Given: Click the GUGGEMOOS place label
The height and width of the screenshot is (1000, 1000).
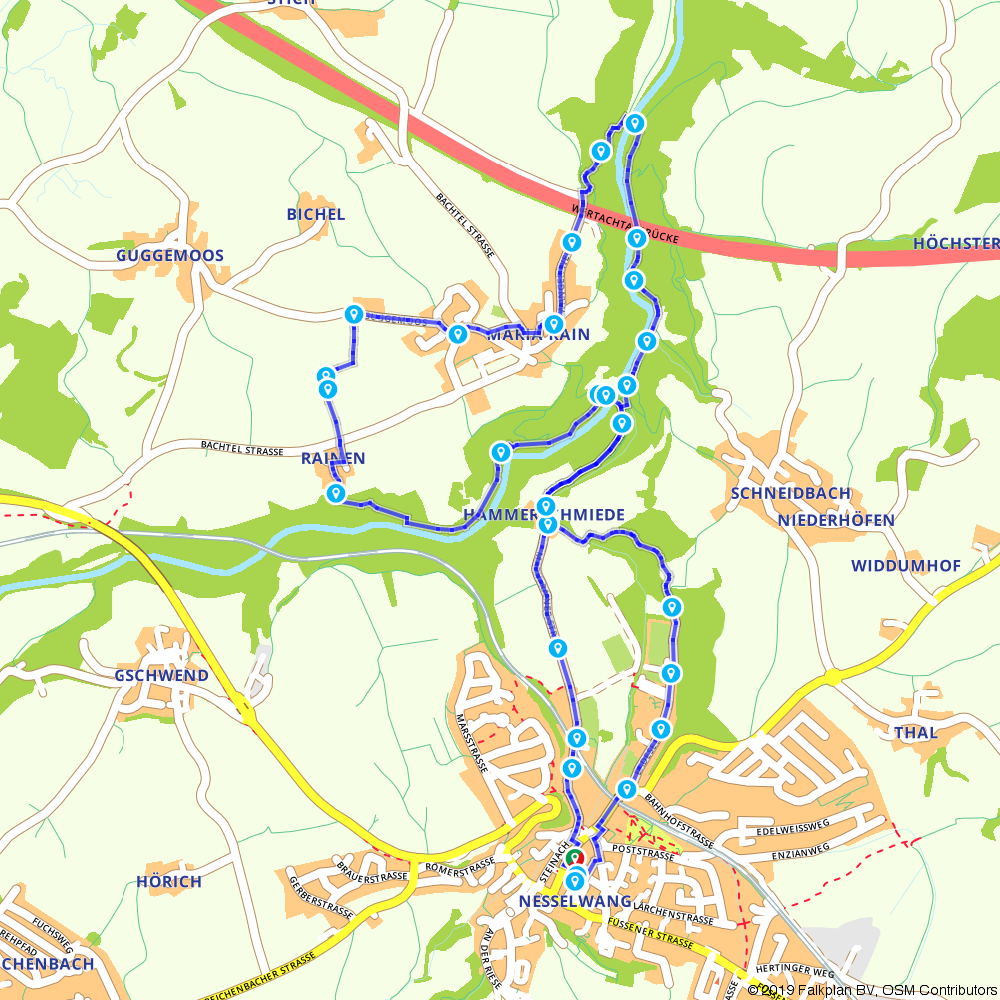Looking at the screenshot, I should pos(169,255).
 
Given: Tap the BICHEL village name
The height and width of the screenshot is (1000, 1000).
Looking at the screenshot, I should pos(315,214).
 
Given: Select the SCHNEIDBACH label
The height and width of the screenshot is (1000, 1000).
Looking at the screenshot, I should pos(790,493).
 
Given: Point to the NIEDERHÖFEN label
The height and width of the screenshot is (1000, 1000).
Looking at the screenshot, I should pos(835,520).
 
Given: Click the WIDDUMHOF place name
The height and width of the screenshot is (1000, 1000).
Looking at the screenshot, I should pos(905,566).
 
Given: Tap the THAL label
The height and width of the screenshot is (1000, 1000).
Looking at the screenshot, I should pos(915,732).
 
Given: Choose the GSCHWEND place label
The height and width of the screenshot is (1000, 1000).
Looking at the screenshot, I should pos(161,675).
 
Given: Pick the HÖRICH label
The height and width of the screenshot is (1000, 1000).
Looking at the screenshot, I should pos(168,881).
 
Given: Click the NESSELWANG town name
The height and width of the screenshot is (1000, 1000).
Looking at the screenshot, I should pos(575,901).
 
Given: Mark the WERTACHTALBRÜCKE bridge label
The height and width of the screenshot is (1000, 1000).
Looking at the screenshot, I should pos(624,226).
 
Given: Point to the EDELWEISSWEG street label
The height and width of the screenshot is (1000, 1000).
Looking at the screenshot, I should pos(794,828).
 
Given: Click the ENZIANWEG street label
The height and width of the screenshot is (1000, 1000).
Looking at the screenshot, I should pos(800,850).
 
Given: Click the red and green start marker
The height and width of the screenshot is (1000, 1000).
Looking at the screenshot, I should pos(574,858).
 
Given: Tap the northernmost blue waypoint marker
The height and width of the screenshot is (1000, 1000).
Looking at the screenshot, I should pos(633,122).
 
